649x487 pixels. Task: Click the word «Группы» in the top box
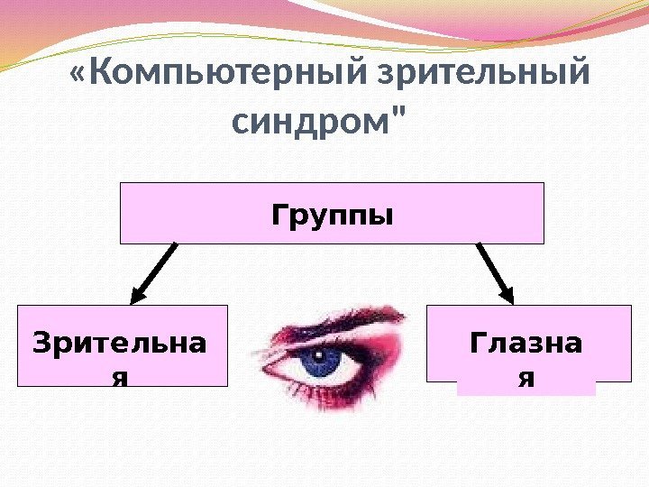click(x=333, y=216)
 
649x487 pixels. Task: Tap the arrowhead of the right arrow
click(x=508, y=295)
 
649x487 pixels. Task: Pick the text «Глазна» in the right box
click(x=526, y=343)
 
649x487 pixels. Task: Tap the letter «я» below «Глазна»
click(x=526, y=378)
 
